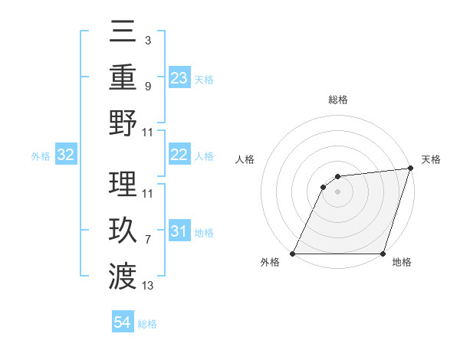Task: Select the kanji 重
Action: pyautogui.click(x=123, y=77)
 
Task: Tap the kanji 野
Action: pyautogui.click(x=123, y=123)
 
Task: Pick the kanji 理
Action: pyautogui.click(x=123, y=185)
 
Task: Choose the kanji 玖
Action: pyautogui.click(x=123, y=231)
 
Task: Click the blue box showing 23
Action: pyautogui.click(x=179, y=78)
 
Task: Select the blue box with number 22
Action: pyautogui.click(x=179, y=155)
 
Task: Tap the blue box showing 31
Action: pyautogui.click(x=179, y=231)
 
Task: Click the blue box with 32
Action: pyautogui.click(x=66, y=155)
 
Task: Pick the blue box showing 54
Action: pyautogui.click(x=123, y=322)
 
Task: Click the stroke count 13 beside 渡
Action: pyautogui.click(x=148, y=286)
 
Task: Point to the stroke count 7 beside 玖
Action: pyautogui.click(x=148, y=240)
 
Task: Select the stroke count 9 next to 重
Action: pyautogui.click(x=148, y=86)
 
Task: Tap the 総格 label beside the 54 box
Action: pyautogui.click(x=147, y=324)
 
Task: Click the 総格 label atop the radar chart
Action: pyautogui.click(x=338, y=100)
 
